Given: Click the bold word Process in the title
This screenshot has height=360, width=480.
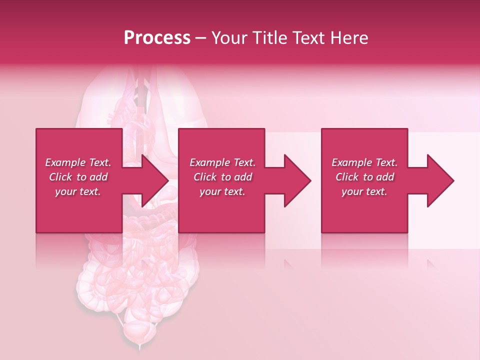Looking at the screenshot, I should point(157,38).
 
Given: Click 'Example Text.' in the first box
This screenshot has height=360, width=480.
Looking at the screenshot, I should point(78,162).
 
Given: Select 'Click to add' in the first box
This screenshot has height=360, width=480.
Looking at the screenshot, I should point(78,177).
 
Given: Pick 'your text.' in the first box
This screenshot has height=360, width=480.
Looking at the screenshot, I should point(78,191).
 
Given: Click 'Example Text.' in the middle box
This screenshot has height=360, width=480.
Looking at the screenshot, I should point(222,162).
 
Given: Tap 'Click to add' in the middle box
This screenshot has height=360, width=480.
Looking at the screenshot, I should point(222,177).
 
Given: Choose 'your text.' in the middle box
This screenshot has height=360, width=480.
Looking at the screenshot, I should point(222,191).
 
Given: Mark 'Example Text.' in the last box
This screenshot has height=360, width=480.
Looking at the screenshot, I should point(364,162).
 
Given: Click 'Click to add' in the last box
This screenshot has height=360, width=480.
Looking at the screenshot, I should point(364,177).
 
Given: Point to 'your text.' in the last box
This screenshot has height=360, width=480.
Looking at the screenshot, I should point(364,191).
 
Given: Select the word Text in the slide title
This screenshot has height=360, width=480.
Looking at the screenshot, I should point(308,38).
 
